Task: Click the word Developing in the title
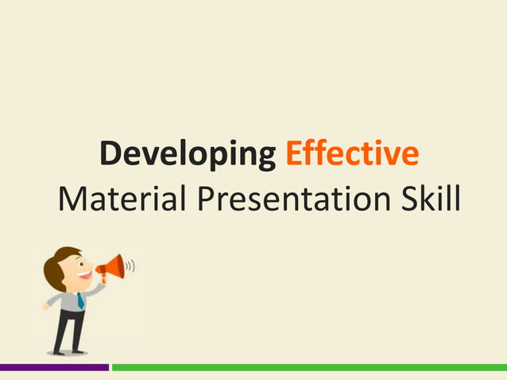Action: point(187,153)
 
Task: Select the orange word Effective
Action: point(351,153)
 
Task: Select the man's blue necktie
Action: point(80,301)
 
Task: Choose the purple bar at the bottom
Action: point(54,367)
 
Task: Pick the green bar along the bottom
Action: point(309,367)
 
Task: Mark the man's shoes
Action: point(68,351)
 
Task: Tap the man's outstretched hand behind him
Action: point(46,306)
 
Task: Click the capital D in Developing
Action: point(110,153)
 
